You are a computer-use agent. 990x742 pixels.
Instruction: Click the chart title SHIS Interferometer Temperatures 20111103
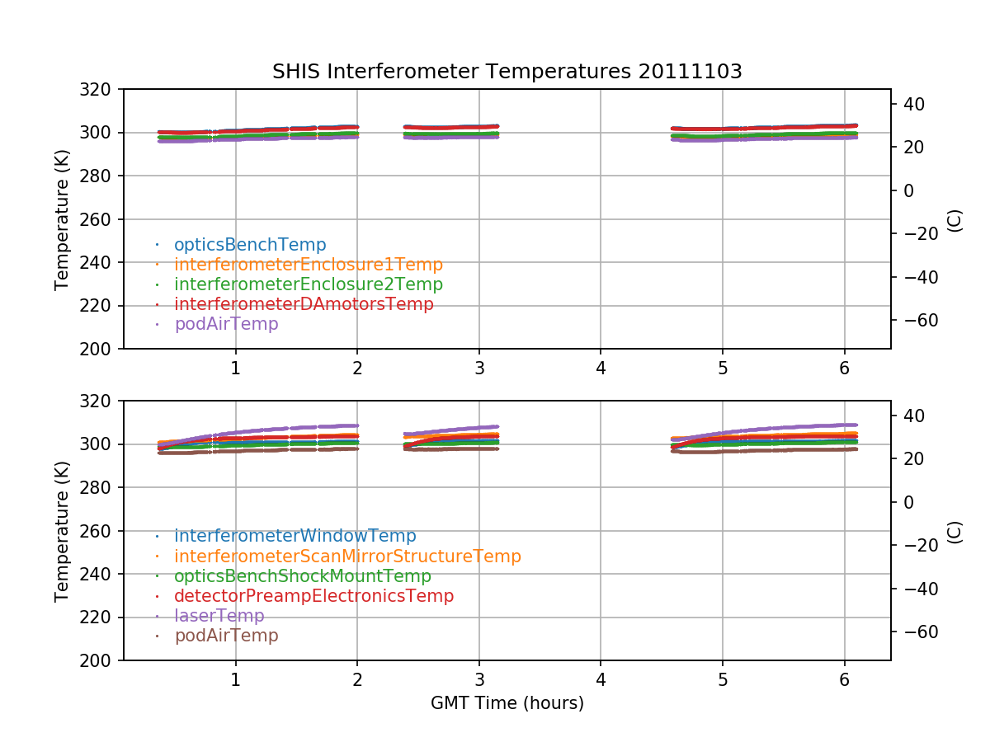pos(507,72)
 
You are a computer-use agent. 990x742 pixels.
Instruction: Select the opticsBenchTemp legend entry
pos(250,245)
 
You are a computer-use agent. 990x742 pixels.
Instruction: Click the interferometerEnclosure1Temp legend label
pos(309,265)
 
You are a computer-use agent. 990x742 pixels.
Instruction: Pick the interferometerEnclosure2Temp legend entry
pos(309,284)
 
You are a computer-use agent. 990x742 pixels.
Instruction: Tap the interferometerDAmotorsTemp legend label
pos(304,304)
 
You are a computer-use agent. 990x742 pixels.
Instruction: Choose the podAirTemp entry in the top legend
pos(226,324)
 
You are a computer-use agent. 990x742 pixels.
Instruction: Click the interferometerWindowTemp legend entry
pos(295,537)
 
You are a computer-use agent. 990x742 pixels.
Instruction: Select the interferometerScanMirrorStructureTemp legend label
pos(347,556)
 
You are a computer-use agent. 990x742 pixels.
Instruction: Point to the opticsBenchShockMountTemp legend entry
pos(303,576)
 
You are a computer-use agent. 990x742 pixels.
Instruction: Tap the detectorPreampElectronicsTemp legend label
pos(313,596)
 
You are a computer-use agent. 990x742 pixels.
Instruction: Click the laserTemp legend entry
pos(219,616)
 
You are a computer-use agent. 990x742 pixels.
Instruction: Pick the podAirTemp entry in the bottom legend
pos(226,636)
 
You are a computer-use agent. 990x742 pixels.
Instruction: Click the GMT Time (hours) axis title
pos(507,703)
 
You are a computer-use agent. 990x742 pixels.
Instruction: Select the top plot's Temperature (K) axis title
pos(62,219)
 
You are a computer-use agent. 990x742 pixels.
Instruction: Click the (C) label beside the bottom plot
pos(955,531)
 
